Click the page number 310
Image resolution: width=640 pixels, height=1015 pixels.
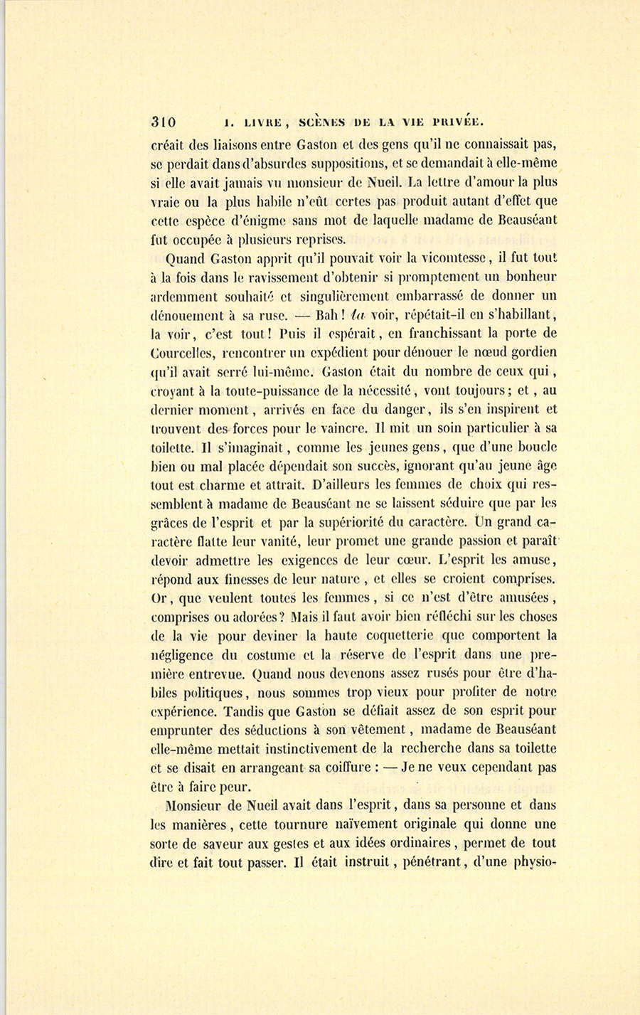tap(164, 120)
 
